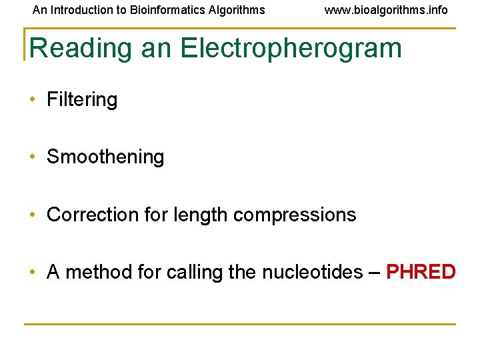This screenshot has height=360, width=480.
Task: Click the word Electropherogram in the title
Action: (x=291, y=49)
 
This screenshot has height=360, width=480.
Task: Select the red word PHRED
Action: (x=421, y=273)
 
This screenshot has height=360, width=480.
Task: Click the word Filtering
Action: (x=82, y=100)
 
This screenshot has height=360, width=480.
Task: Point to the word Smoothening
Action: (x=105, y=157)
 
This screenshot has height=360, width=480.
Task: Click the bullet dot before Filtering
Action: (x=32, y=101)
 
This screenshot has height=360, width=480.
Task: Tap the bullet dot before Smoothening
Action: (x=32, y=158)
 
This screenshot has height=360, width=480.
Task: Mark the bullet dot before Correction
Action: (x=32, y=215)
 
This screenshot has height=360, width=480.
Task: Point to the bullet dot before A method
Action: (x=32, y=273)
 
